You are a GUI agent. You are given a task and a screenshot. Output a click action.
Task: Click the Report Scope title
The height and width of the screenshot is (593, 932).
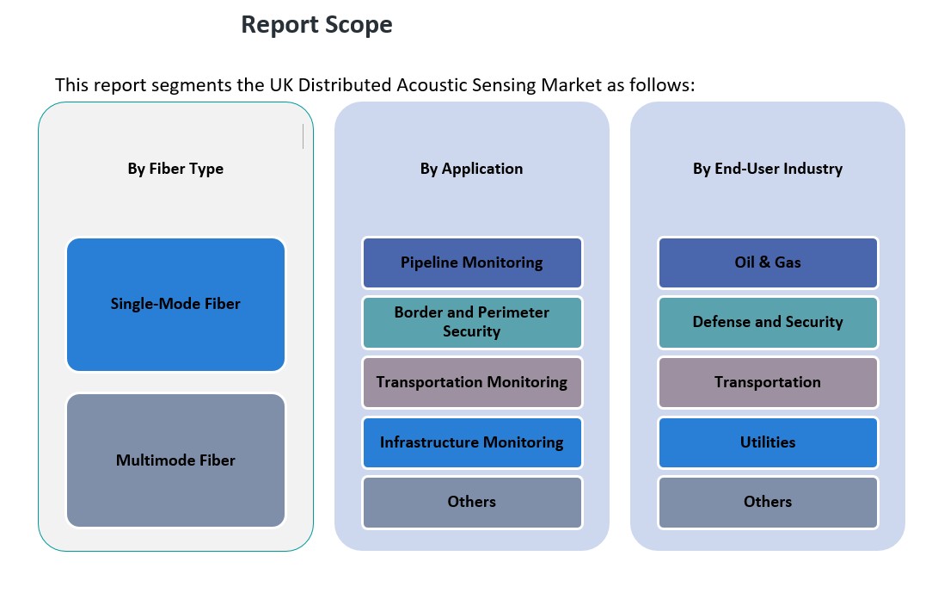tap(316, 25)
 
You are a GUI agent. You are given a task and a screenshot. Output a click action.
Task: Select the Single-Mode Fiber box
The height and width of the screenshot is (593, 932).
tap(175, 304)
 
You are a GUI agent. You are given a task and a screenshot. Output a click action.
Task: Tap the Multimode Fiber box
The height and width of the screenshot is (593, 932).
tap(175, 460)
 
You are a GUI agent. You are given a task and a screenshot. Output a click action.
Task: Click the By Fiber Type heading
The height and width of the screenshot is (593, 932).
tap(175, 169)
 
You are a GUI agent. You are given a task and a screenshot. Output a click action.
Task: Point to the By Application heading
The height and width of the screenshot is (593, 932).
tap(471, 169)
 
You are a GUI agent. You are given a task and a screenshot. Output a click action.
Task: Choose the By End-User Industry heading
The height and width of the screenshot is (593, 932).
tap(768, 169)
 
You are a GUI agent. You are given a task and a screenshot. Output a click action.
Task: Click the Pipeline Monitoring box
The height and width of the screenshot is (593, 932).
tap(472, 263)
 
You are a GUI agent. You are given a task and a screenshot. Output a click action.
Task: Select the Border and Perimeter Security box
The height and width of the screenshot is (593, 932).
tap(472, 322)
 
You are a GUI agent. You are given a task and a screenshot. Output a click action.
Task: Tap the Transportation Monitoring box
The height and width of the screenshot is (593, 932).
tap(472, 382)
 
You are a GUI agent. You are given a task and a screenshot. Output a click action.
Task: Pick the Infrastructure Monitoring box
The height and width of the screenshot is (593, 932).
tap(472, 442)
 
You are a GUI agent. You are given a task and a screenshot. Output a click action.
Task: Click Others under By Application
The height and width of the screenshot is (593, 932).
tap(472, 502)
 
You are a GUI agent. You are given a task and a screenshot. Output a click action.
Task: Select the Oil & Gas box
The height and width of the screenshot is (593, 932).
tap(768, 263)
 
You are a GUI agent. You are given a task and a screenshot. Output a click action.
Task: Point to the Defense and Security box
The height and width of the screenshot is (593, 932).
tap(768, 322)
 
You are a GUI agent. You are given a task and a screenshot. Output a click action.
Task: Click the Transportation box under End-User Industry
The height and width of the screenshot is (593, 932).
tap(768, 382)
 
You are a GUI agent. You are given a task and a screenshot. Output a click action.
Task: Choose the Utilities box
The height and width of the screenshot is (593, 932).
tap(768, 442)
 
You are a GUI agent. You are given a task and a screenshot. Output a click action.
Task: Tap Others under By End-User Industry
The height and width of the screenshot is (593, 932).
tap(768, 502)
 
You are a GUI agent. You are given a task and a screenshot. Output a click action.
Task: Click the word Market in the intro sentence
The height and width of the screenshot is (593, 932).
tap(573, 85)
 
